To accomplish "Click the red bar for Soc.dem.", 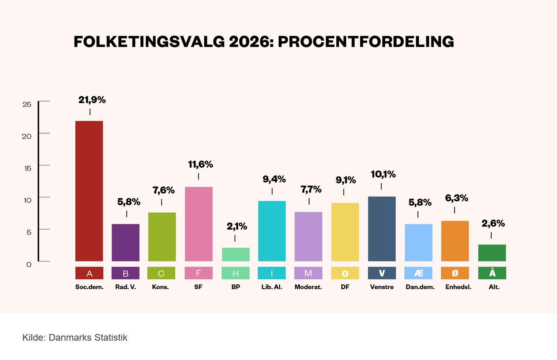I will [89, 191].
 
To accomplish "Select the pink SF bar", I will [199, 224].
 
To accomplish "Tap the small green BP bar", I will [236, 254].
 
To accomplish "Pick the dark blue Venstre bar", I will [382, 228].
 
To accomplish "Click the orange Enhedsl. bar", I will [455, 241].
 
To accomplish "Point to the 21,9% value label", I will [92, 100].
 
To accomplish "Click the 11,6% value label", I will [200, 165].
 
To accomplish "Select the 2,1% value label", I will [237, 226].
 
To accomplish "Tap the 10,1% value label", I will [383, 174].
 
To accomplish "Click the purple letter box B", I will [125, 273].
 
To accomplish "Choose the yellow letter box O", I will [345, 273].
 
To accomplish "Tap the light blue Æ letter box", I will [418, 273].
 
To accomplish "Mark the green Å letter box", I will [492, 273].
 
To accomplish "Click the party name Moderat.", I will [308, 287].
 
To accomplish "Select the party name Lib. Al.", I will [272, 287].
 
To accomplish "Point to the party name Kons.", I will [160, 287].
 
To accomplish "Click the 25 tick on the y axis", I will [27, 104].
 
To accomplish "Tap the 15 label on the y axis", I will [27, 168].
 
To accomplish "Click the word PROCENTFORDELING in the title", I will [366, 42].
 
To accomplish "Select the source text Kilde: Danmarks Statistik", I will [75, 338].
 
